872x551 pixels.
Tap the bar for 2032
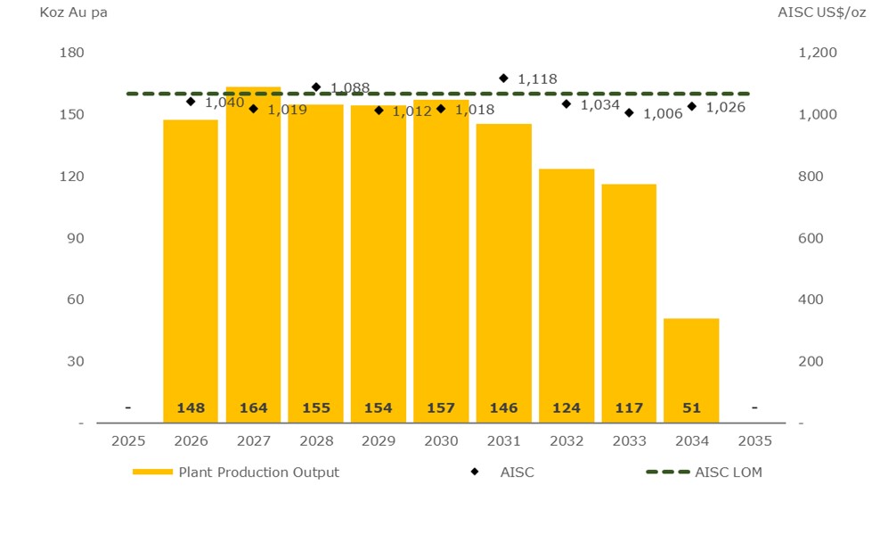[566, 294]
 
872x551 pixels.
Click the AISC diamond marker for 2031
[504, 78]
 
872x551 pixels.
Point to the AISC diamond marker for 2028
[316, 87]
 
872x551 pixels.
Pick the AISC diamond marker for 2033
[629, 113]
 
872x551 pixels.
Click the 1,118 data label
[537, 79]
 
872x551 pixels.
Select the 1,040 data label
[224, 103]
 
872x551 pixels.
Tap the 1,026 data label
[725, 107]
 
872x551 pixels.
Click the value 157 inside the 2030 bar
[441, 408]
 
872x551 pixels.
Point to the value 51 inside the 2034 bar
[691, 408]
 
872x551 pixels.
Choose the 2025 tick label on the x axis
[128, 440]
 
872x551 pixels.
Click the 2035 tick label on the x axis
[754, 440]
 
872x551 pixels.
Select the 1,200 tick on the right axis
[817, 53]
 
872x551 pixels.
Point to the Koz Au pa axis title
[74, 12]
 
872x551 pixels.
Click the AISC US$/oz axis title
[820, 12]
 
